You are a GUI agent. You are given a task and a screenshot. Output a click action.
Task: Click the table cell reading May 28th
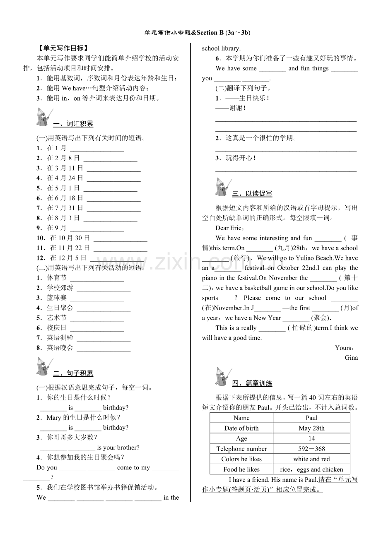[x=311, y=428]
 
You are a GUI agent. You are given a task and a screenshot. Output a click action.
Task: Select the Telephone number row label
[x=241, y=449]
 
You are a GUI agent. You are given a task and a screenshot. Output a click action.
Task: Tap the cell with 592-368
[x=311, y=449]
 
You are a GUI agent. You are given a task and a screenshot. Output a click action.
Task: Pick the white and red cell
[x=311, y=459]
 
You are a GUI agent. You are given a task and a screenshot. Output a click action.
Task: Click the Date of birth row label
[x=241, y=428]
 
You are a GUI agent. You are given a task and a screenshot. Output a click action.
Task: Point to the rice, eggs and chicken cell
[x=311, y=469]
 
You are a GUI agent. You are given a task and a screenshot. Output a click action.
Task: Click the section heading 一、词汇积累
[x=73, y=123]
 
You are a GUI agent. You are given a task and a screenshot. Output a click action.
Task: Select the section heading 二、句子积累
[x=73, y=373]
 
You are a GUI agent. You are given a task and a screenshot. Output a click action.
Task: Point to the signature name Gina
[x=351, y=358]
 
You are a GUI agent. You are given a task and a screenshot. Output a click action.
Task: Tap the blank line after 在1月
[x=97, y=149]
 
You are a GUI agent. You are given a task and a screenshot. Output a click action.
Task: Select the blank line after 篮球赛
[x=97, y=298]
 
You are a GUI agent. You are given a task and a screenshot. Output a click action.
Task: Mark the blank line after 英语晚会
[x=104, y=349]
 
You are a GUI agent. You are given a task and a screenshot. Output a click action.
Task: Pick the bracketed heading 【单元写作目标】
[x=63, y=48]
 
